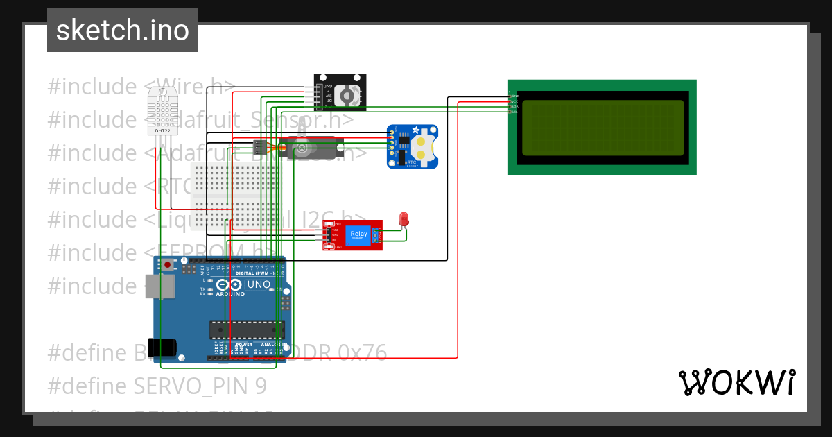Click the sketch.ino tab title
(x=123, y=31)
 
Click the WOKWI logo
(x=736, y=382)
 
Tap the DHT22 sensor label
(x=162, y=130)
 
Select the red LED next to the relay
(x=404, y=219)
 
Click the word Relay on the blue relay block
(x=359, y=234)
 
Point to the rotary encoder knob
(x=351, y=94)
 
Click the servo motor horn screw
(x=302, y=146)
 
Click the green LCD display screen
(x=603, y=128)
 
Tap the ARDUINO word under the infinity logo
(x=230, y=294)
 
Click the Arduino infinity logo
(x=230, y=284)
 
